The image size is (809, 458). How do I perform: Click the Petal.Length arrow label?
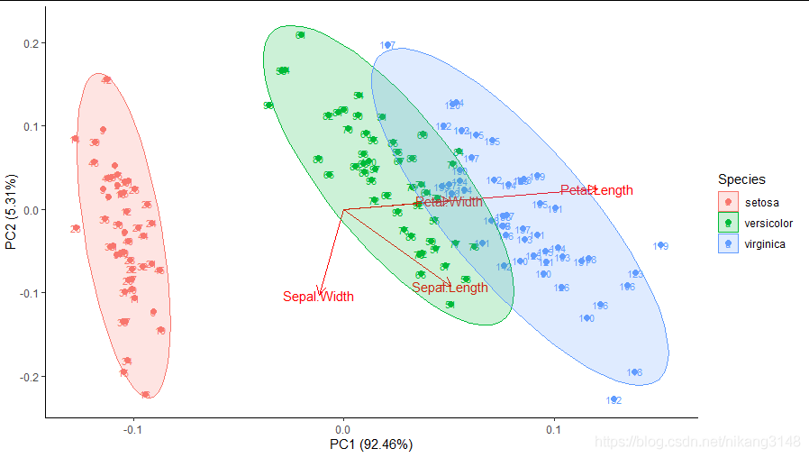tap(596, 190)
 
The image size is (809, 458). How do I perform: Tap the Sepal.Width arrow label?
tap(318, 297)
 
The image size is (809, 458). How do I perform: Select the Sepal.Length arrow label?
tap(450, 288)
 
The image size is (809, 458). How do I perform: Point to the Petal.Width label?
tap(449, 202)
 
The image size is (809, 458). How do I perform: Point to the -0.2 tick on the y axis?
tap(25, 376)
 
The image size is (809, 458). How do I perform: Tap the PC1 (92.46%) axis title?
tap(370, 444)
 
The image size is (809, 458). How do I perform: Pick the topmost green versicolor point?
tap(300, 35)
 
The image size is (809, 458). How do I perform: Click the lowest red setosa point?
tap(146, 394)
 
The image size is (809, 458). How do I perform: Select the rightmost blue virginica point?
tap(660, 245)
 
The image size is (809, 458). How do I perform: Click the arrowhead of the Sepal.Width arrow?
tap(319, 291)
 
